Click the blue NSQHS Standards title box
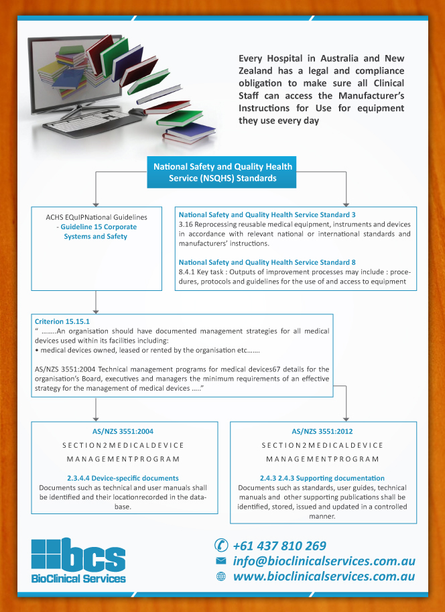pyautogui.click(x=222, y=172)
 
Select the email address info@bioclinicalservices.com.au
pyautogui.click(x=324, y=560)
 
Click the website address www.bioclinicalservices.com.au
pyautogui.click(x=324, y=576)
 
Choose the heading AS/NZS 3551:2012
pyautogui.click(x=323, y=432)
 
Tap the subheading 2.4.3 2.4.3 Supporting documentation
pyautogui.click(x=322, y=478)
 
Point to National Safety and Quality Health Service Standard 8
pyautogui.click(x=267, y=261)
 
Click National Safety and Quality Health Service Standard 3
pyautogui.click(x=267, y=215)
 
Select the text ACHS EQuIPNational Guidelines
pyautogui.click(x=97, y=217)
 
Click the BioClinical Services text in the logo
pyautogui.click(x=78, y=578)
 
